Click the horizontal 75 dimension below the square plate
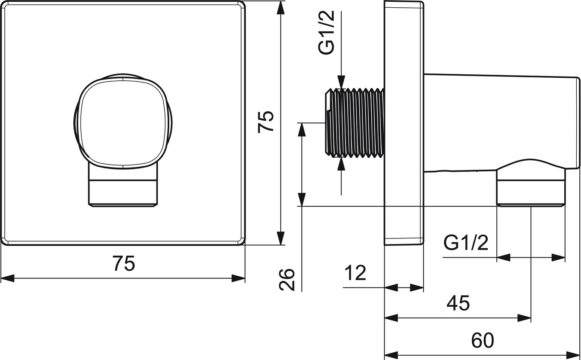pyautogui.click(x=124, y=263)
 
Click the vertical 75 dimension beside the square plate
pyautogui.click(x=266, y=122)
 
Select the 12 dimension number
pyautogui.click(x=355, y=273)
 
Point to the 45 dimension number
pyautogui.click(x=458, y=303)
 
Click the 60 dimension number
pyautogui.click(x=483, y=340)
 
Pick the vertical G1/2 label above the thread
pyautogui.click(x=326, y=32)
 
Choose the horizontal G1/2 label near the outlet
pyautogui.click(x=466, y=243)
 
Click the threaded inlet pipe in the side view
pyautogui.click(x=355, y=123)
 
